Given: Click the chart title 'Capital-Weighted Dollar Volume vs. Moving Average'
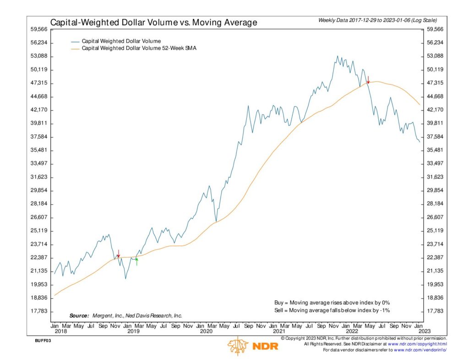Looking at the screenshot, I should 153,22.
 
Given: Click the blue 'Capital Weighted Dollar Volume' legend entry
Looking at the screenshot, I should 121,41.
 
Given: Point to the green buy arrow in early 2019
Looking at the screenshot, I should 136,261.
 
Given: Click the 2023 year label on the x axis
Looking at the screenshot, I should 424,331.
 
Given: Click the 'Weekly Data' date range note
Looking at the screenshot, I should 377,21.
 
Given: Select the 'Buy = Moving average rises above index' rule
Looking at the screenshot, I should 332,303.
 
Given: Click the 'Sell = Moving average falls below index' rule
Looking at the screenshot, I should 332,310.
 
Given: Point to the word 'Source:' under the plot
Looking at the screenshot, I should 79,316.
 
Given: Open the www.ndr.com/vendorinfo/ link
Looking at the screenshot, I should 420,350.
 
